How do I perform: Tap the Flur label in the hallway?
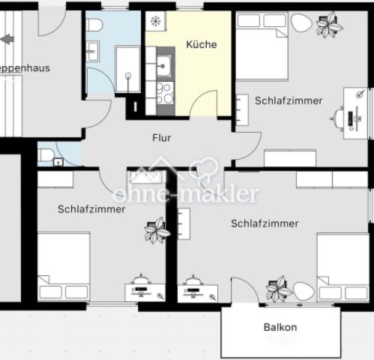pos(161,138)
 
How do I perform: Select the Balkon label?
pos(280,327)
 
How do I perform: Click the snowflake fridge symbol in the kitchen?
pos(155,22)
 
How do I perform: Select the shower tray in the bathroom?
pos(127,69)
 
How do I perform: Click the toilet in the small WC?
pos(46,155)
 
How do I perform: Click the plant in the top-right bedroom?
pos(328,25)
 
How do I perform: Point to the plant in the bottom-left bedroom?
pos(157,230)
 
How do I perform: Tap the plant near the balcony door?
pos(279,288)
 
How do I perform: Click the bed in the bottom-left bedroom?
pos(64,266)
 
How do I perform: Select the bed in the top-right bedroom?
pos(262,46)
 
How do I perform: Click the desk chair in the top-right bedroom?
pos(342,118)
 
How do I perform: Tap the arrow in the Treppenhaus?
pos(8,38)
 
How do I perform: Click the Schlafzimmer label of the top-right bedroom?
pos(289,100)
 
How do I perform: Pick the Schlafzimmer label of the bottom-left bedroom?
pos(91,209)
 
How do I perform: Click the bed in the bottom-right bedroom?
pos(343,268)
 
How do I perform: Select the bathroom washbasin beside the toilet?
pos(94,51)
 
